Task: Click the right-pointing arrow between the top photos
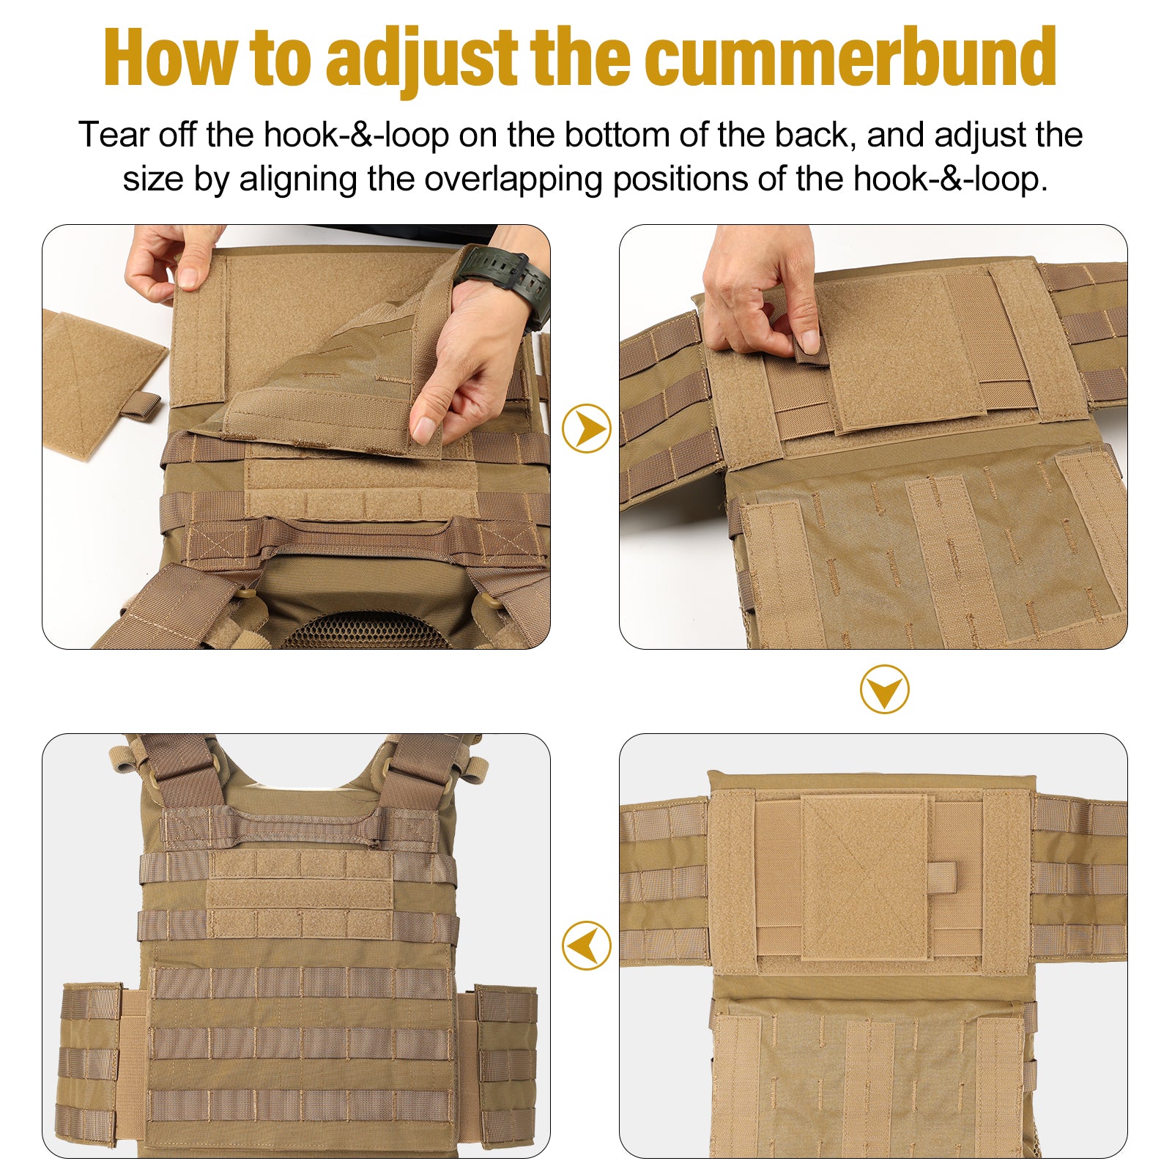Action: (x=586, y=429)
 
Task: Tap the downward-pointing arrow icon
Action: (x=884, y=689)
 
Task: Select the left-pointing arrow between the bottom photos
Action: (x=586, y=945)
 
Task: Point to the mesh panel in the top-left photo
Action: (x=366, y=630)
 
